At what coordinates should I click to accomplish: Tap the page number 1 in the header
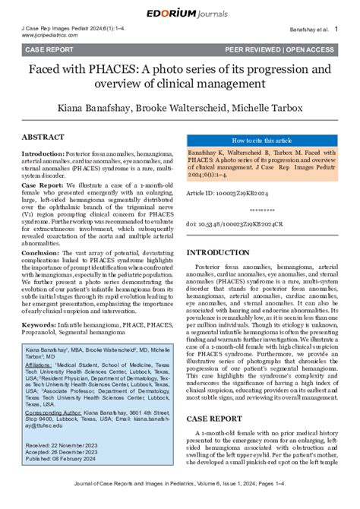click(x=336, y=28)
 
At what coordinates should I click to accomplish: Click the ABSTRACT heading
click(x=48, y=137)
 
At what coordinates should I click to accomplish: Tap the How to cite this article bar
click(x=261, y=141)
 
